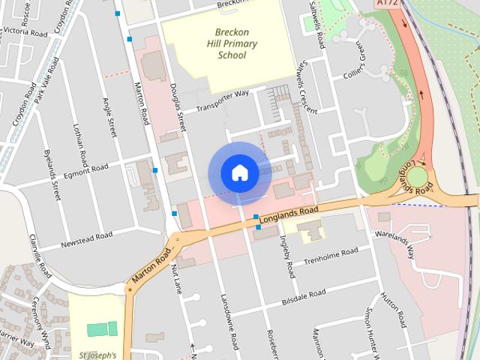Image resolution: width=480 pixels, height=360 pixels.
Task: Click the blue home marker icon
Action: click(x=239, y=173)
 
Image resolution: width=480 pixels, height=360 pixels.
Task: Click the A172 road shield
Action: click(x=385, y=4)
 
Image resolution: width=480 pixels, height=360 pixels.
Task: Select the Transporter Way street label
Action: click(x=222, y=101)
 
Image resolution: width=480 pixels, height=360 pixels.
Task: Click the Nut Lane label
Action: click(x=177, y=277)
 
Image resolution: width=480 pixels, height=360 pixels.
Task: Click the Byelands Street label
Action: click(x=52, y=173)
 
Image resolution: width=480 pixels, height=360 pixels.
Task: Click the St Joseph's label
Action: click(x=97, y=353)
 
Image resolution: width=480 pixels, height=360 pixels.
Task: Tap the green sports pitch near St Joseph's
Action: click(x=102, y=328)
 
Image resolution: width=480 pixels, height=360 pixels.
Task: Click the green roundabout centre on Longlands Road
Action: click(x=416, y=178)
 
